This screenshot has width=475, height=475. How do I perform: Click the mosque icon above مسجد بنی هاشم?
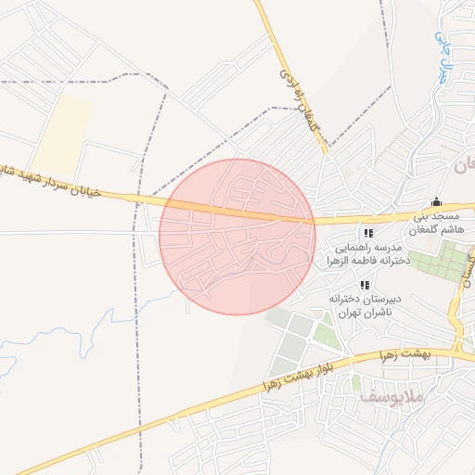click(437, 201)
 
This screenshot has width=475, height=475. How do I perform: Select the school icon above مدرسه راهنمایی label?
click(368, 234)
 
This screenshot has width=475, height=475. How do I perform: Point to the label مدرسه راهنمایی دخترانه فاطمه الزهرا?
click(367, 256)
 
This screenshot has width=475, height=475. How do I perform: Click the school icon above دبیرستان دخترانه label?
click(364, 285)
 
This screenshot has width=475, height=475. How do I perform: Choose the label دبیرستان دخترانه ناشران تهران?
click(367, 307)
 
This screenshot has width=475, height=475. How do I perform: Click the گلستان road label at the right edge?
click(463, 279)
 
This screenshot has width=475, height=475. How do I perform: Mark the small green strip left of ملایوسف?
click(356, 383)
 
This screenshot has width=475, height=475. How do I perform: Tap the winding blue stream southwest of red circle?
click(102, 315)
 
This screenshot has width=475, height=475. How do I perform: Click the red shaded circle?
click(237, 237)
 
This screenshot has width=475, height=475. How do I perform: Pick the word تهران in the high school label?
click(348, 315)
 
